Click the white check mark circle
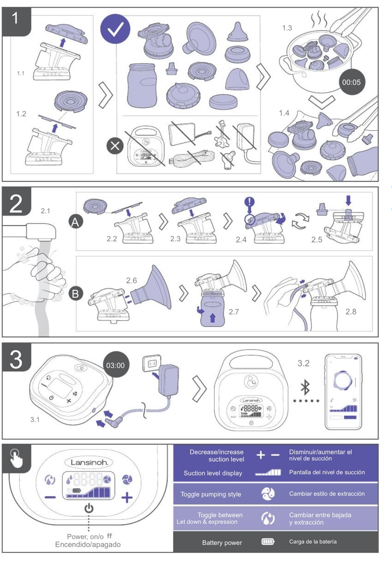pos(115,29)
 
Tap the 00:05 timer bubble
pos(351,82)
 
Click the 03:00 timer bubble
pos(116,365)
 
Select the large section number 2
pos(16,204)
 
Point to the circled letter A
pos(75,222)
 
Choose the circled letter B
pos(75,294)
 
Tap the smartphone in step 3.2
pos(343,392)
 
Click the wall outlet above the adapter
pos(152,363)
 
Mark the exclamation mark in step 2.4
pos(250,202)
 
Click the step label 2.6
pos(131,281)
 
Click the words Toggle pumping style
pos(211,494)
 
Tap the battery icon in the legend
pos(268,542)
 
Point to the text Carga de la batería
pos(313,542)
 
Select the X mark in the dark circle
pos(115,146)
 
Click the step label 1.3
pos(287,28)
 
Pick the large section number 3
pos(16,360)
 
